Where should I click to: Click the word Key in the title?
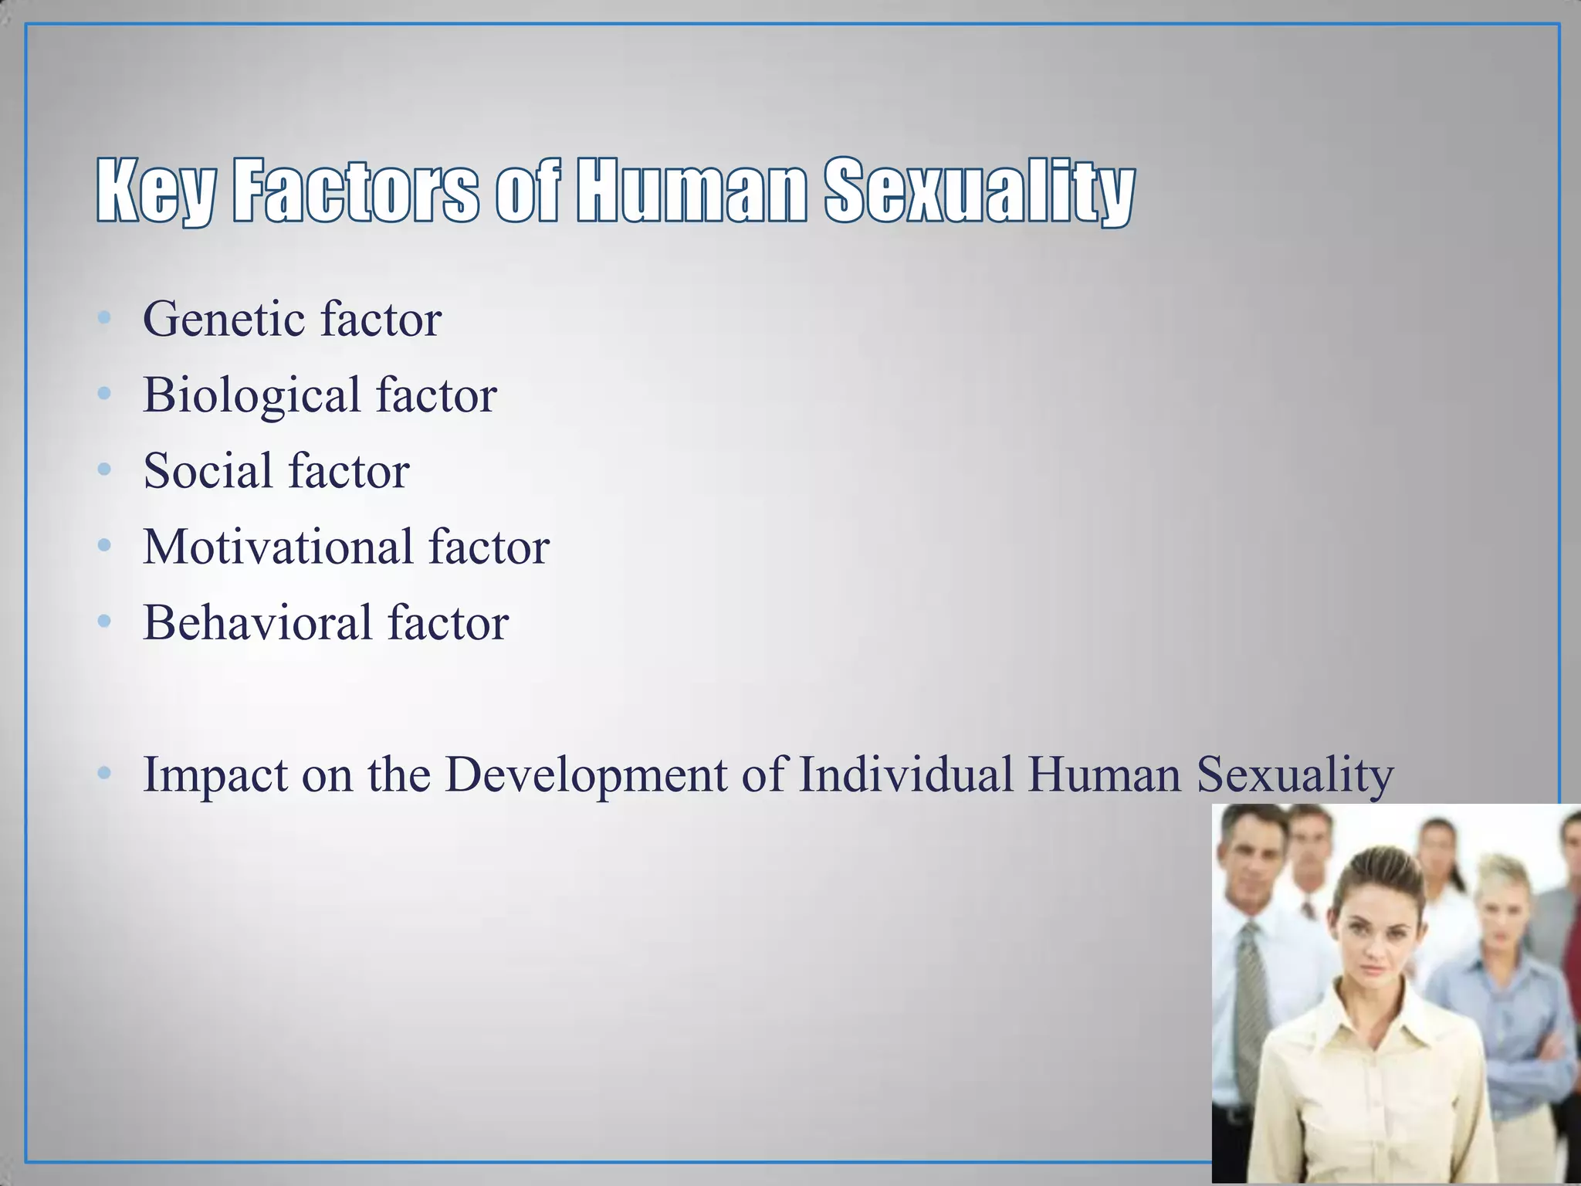point(155,191)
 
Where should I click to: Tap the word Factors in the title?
point(355,191)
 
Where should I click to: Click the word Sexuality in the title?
point(979,191)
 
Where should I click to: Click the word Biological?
point(252,395)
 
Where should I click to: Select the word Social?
point(208,470)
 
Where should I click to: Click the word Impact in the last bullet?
point(214,774)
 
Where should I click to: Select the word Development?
point(586,774)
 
